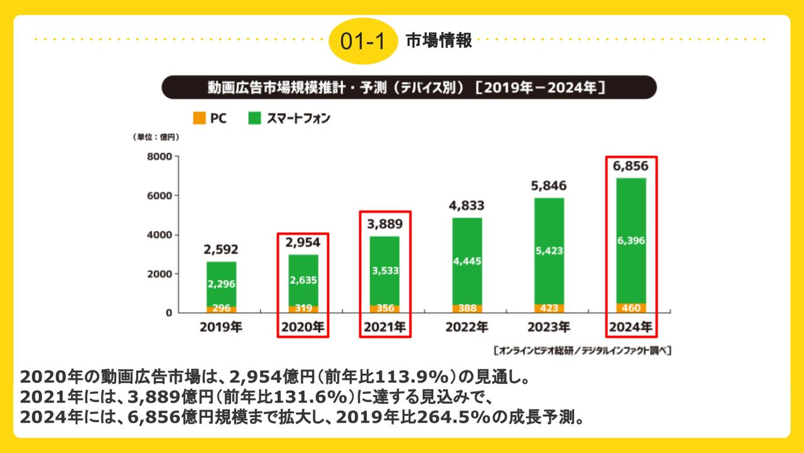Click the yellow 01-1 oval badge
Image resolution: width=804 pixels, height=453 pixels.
[362, 41]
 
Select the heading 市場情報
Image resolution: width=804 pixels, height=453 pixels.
[438, 41]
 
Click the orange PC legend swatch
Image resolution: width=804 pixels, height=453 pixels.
[198, 118]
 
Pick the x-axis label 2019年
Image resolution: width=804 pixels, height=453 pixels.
[221, 327]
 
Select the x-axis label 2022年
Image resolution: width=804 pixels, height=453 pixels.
[467, 327]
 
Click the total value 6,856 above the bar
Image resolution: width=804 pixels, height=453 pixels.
[631, 167]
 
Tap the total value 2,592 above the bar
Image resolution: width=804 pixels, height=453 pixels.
[221, 249]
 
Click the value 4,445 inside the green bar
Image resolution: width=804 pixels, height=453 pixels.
[467, 261]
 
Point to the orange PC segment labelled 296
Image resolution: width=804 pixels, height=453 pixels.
[221, 308]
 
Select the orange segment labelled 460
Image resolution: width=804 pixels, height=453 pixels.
[631, 308]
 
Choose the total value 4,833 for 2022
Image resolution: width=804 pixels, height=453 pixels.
[467, 205]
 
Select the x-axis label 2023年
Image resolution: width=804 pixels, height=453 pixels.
[549, 327]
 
